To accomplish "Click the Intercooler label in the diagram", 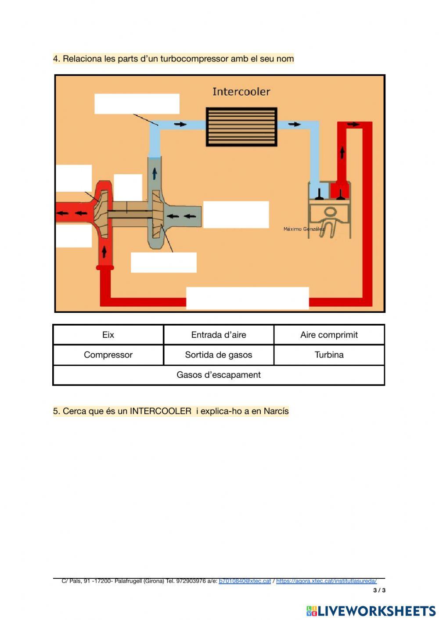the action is coord(241,92).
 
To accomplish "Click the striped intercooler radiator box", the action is coord(241,127).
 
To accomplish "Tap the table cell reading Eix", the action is coord(108,335).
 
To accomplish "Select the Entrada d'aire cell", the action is coord(219,335).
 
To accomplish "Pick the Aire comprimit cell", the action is coord(329,335).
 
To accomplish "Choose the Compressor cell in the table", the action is coord(108,355).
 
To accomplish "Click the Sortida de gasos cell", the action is coord(219,355).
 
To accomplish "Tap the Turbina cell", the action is coord(329,355).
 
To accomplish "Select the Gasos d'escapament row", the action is coord(219,375).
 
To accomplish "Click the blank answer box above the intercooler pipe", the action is coord(137,104).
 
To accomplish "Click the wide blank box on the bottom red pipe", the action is coord(247,298).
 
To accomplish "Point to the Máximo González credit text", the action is coord(304,229).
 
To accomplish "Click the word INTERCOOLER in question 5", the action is coord(161,412).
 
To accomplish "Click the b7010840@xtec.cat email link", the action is coord(245,581).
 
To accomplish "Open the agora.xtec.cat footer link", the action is coord(326,581).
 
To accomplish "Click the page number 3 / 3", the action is coord(379,590).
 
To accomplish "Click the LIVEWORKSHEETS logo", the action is coord(371,611).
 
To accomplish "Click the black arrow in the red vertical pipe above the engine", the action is coord(342,152).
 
